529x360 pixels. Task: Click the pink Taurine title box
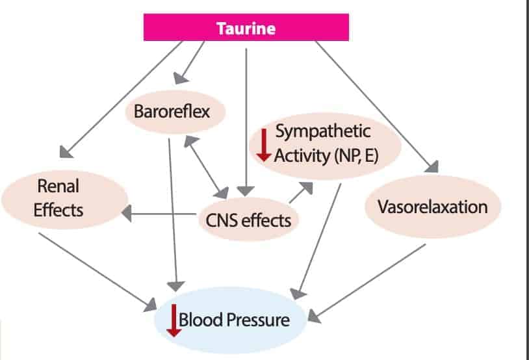[246, 28]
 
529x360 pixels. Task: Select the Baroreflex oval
[172, 112]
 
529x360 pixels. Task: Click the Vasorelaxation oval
[433, 207]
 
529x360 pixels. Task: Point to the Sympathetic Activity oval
[325, 143]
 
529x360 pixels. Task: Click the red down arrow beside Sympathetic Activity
[263, 145]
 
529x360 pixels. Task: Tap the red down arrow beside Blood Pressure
[173, 320]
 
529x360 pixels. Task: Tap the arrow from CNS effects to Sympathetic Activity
[300, 194]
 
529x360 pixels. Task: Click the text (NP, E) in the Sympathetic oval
[354, 155]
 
